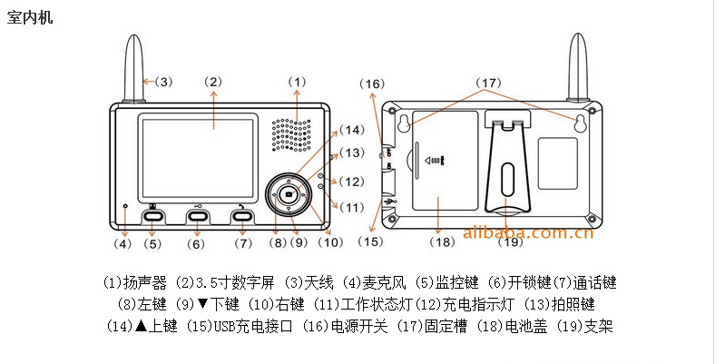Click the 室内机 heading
click(x=30, y=16)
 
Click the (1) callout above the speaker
click(x=299, y=82)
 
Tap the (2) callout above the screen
click(x=213, y=82)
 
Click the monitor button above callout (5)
click(x=152, y=215)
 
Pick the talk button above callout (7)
click(x=241, y=215)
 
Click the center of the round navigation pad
click(x=289, y=193)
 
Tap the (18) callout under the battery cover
click(x=442, y=242)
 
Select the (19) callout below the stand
click(x=511, y=242)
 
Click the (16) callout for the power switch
click(x=371, y=84)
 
